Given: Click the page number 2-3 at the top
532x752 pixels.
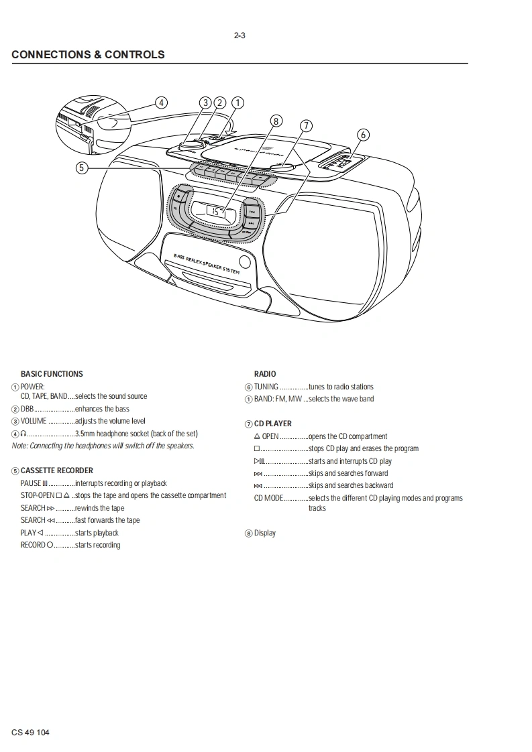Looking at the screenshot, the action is click(240, 36).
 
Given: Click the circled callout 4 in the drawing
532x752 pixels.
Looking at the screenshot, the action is click(160, 103).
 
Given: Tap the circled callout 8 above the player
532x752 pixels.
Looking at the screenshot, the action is click(276, 121).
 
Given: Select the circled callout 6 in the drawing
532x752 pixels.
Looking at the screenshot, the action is click(363, 134).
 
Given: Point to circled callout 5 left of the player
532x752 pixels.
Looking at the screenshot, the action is click(81, 168).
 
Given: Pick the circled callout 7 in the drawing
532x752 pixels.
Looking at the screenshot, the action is click(306, 125).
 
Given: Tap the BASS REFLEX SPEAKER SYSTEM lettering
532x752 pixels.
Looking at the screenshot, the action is click(206, 263).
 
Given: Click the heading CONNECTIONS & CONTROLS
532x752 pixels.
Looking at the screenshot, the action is click(88, 54).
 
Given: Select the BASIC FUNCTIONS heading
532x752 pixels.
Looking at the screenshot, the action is click(52, 374).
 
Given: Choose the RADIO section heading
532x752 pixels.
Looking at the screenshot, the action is click(265, 374).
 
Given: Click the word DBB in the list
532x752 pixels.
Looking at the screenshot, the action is click(28, 409).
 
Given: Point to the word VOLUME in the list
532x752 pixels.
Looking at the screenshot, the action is click(34, 421).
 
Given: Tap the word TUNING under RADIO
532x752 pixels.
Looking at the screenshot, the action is click(266, 387).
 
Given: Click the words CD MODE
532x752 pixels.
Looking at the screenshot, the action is click(269, 498).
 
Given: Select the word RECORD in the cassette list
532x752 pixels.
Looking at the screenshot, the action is click(33, 545).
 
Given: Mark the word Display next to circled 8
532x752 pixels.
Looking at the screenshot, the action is click(265, 534).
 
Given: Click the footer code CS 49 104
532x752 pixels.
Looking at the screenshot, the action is click(31, 732).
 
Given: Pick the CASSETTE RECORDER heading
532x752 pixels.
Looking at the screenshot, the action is click(57, 471).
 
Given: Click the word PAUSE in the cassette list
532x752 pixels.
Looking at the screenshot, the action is click(31, 483).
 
